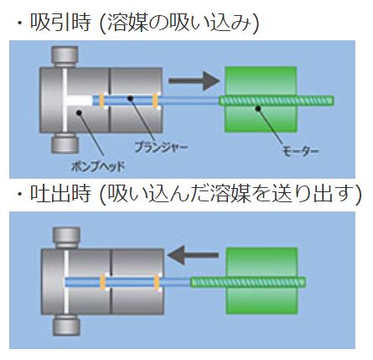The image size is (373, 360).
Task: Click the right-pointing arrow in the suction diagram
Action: point(194,81)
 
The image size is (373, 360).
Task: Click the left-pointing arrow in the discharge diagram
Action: point(193,255)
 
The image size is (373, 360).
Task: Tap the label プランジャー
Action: point(161,147)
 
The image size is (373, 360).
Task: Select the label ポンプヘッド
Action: point(98,167)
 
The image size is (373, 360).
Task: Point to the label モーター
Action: point(300,151)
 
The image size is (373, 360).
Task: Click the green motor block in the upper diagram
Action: point(261,99)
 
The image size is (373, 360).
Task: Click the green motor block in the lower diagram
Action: point(262,280)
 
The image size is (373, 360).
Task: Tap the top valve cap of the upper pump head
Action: point(65,57)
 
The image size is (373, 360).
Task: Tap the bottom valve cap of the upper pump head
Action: point(65,143)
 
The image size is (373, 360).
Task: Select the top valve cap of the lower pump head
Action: point(66,237)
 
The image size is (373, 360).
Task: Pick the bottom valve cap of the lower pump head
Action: point(66,325)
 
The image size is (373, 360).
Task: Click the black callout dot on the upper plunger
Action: point(130,98)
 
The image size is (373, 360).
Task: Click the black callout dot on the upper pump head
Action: point(79,112)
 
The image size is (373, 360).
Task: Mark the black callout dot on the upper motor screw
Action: point(258,108)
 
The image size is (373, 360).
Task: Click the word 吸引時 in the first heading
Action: point(60,23)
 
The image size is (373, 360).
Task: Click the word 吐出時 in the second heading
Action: point(60,193)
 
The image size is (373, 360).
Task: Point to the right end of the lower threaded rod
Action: point(306,282)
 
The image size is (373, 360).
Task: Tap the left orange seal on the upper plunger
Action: point(102,101)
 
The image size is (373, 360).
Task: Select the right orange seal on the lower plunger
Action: point(157,282)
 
